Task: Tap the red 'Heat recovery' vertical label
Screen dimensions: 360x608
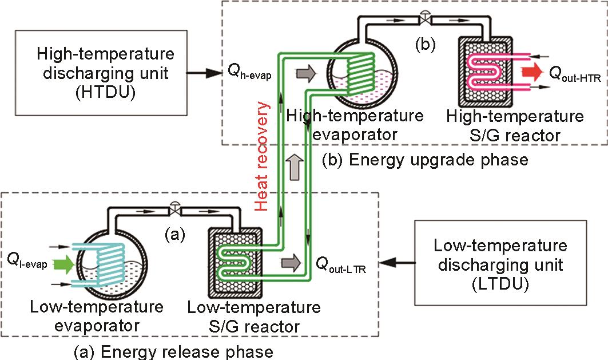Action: click(x=262, y=157)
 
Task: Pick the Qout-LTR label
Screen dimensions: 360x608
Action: click(x=340, y=264)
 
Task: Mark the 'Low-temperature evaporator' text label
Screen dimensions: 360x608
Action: click(x=97, y=317)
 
